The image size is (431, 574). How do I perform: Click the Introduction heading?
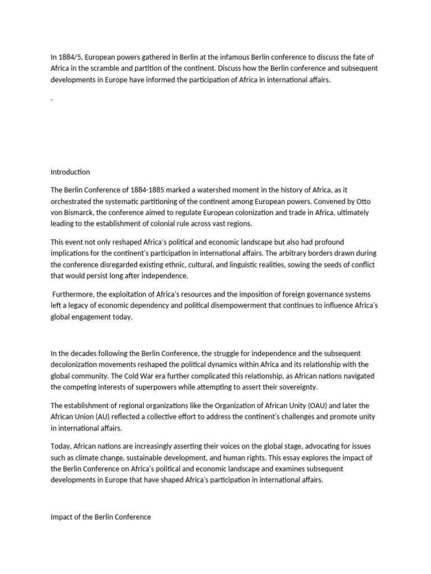[x=70, y=172]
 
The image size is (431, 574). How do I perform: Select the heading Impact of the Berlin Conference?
[x=100, y=517]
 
